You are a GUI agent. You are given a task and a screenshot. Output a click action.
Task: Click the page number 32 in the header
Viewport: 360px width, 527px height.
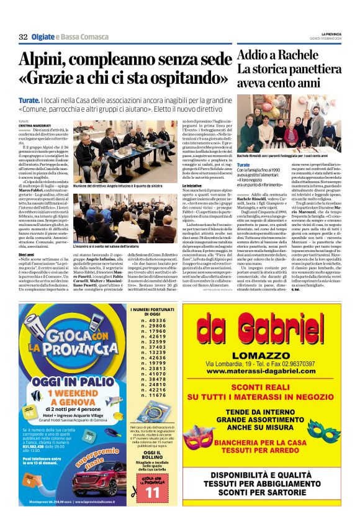coord(23,37)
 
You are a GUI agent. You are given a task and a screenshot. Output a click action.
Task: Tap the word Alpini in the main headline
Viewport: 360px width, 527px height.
coord(45,60)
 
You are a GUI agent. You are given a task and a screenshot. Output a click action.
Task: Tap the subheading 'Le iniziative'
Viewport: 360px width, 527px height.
coord(192,186)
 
